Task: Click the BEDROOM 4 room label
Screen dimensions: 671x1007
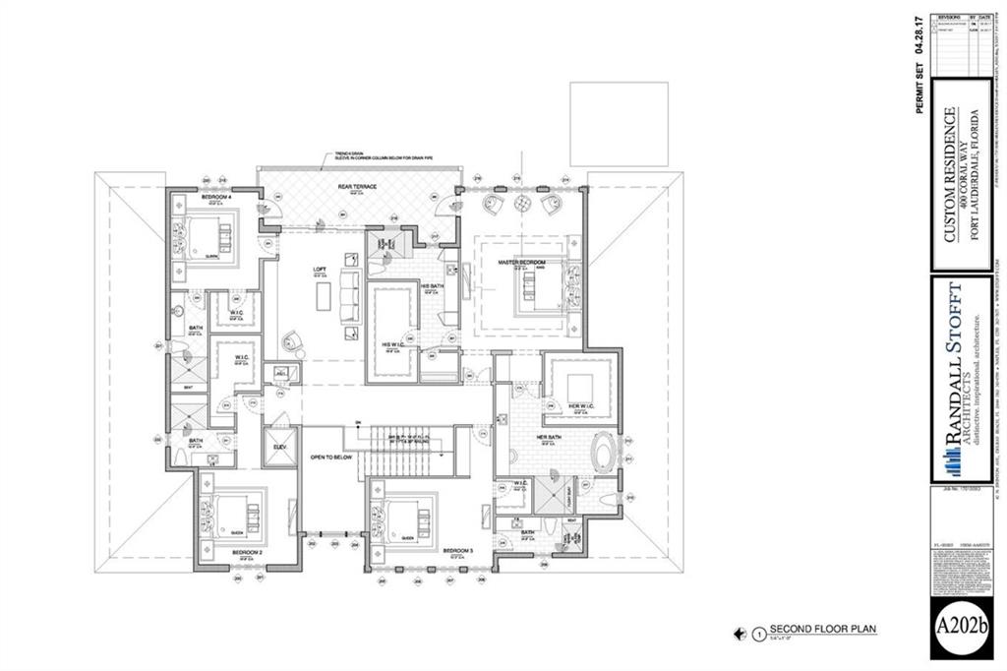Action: tap(215, 198)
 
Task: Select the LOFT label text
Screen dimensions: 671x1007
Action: tap(320, 270)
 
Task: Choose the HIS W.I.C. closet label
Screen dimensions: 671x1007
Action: tap(392, 343)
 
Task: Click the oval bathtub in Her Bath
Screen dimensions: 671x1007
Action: tap(601, 458)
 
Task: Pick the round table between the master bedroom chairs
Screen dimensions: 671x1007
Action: tap(520, 205)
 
